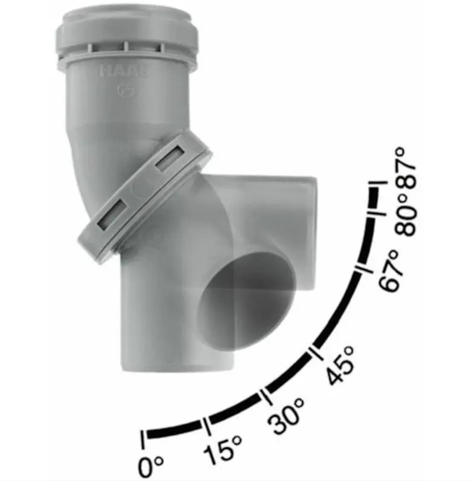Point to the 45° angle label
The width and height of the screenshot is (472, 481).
click(x=340, y=368)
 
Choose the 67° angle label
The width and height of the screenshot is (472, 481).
click(x=391, y=272)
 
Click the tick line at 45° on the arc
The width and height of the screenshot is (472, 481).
click(x=313, y=354)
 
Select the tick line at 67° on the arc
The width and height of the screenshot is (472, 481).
click(x=360, y=272)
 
